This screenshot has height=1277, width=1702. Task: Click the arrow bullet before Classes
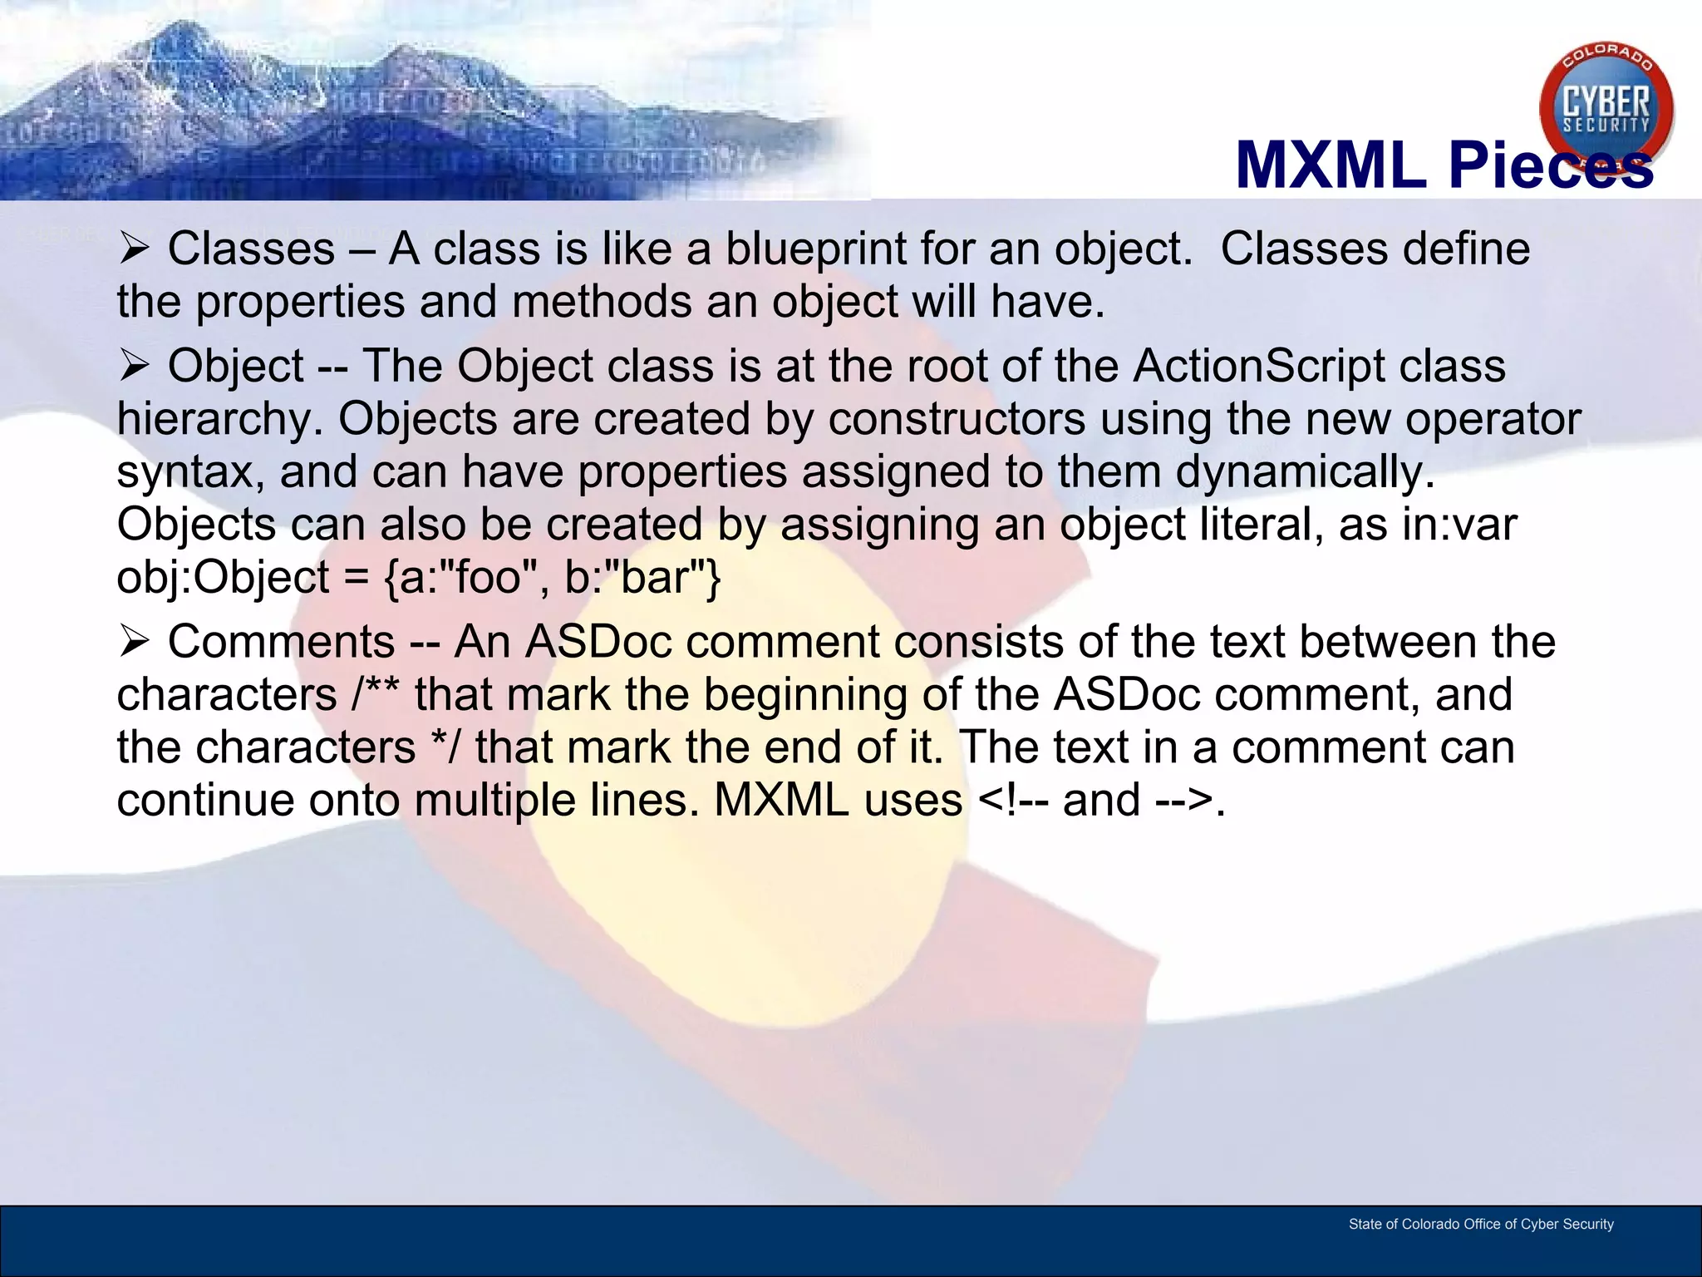tap(133, 248)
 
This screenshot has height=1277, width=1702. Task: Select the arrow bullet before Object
tap(133, 365)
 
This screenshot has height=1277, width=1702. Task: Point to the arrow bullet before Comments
tap(133, 641)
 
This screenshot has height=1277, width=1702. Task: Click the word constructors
tap(957, 418)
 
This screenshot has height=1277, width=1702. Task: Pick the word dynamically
tap(1305, 471)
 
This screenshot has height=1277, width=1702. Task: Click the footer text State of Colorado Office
tap(1480, 1224)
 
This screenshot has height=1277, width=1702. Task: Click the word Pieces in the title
tap(1551, 165)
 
